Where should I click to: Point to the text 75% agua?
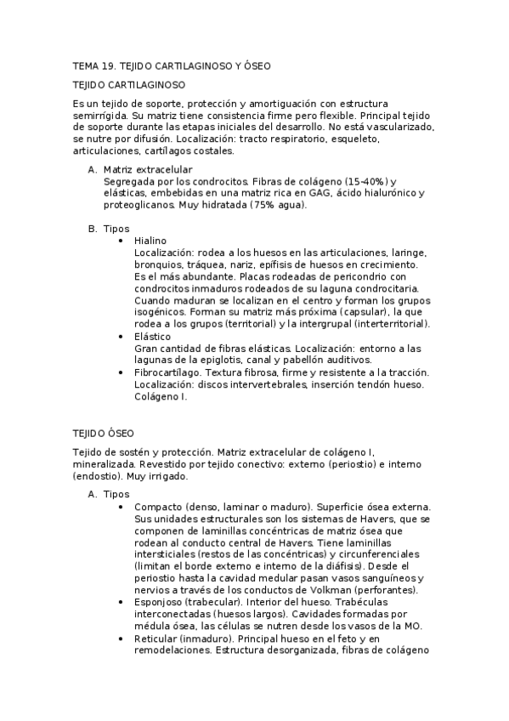pos(277,205)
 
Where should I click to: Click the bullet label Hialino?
pos(150,241)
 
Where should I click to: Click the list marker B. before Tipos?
pos(93,229)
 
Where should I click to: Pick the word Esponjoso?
pos(161,602)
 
